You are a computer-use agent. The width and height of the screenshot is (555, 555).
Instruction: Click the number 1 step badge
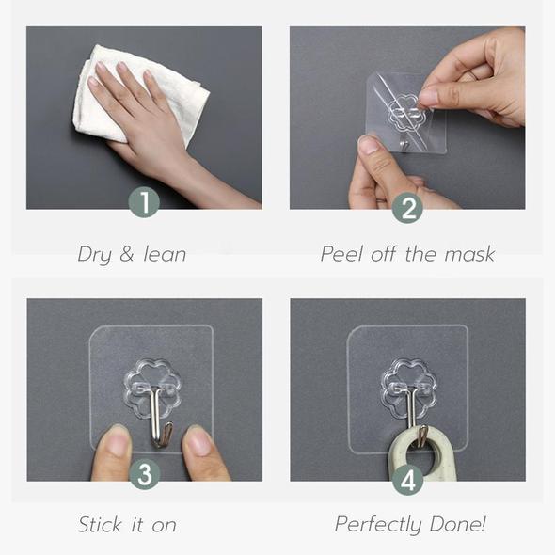pos(143,200)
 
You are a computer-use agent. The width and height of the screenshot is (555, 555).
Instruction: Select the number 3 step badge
pos(143,473)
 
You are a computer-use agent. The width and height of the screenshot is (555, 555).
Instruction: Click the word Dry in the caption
pos(96,254)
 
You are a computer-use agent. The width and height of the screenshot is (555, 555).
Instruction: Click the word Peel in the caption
pos(341,254)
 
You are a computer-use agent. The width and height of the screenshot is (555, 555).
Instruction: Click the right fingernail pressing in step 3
pos(198,440)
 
